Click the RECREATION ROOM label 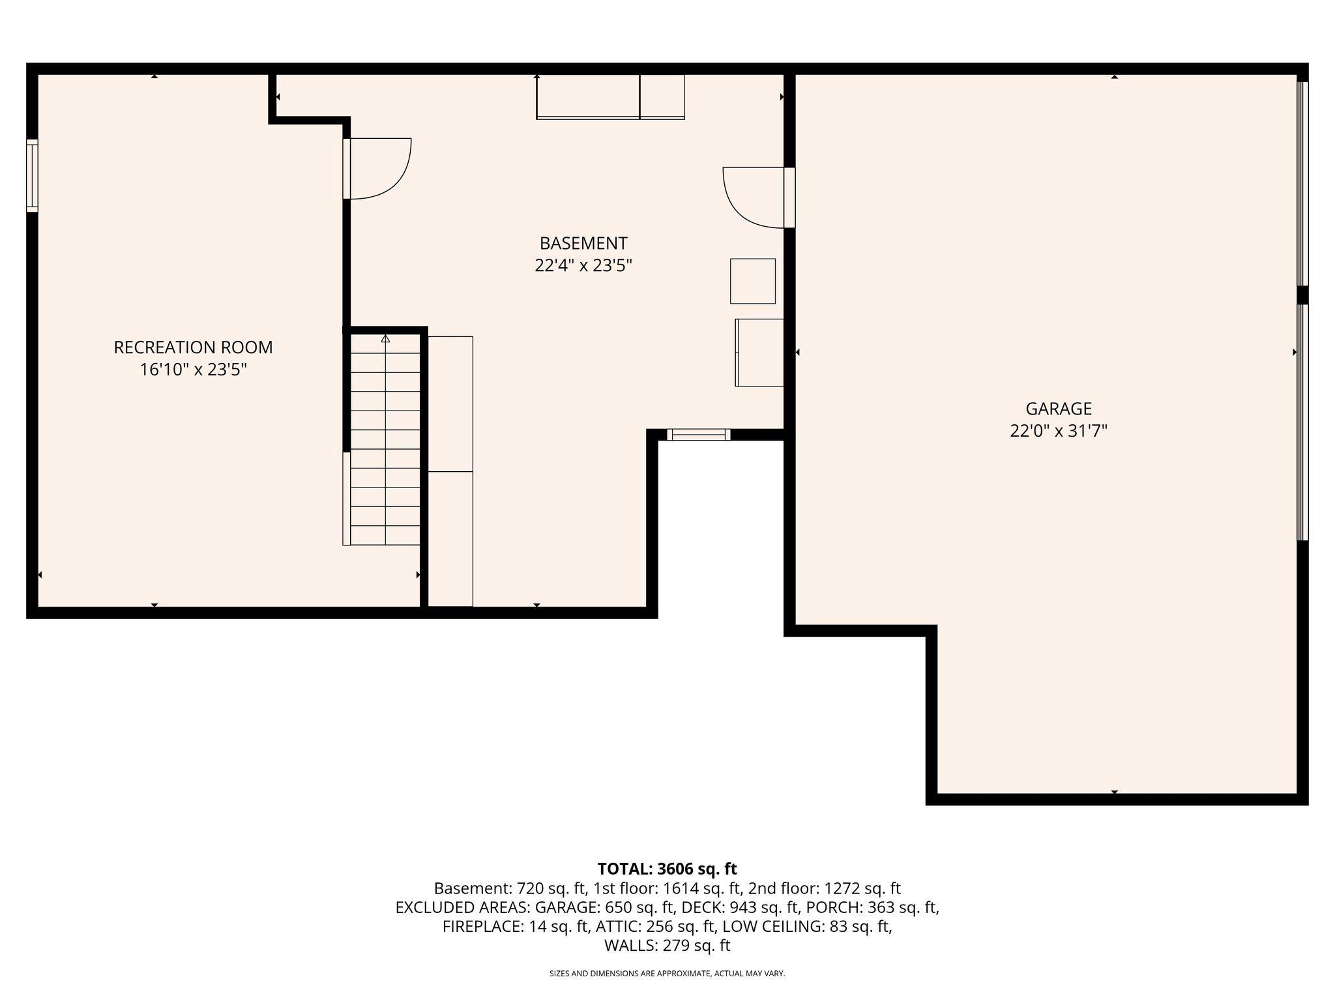(x=193, y=347)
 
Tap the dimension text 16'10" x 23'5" (x=193, y=370)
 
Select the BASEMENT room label (x=583, y=243)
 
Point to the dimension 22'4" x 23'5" (x=583, y=266)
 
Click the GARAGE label (x=1058, y=409)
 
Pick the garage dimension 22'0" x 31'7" (x=1058, y=431)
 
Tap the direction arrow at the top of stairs (x=385, y=339)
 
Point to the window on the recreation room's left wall (x=32, y=175)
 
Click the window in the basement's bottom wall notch (x=698, y=435)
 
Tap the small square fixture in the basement (x=752, y=281)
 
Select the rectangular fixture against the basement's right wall (x=759, y=353)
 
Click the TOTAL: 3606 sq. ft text (x=667, y=869)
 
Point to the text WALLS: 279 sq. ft (x=667, y=946)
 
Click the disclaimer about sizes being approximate (x=667, y=974)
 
